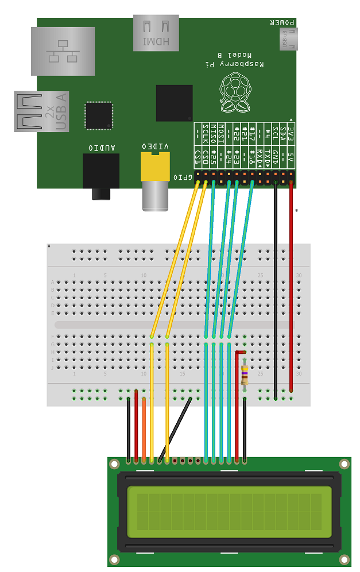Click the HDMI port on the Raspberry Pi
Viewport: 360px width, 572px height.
[156, 33]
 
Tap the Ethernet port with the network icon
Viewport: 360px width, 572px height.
[63, 51]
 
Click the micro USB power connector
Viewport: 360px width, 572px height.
[288, 40]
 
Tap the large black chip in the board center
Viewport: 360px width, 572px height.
[174, 103]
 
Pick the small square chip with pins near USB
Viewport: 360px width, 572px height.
[98, 115]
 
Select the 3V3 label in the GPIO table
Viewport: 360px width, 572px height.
[291, 134]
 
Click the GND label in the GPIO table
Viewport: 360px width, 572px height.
[276, 157]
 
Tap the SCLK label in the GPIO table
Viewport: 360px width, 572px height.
[206, 134]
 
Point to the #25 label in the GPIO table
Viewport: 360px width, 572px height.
[214, 157]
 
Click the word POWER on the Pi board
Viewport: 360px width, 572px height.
[284, 23]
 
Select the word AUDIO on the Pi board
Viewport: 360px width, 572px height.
[102, 148]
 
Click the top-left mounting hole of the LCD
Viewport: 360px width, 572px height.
[115, 463]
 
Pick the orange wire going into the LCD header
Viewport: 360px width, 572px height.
[144, 431]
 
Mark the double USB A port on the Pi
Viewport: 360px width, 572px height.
[43, 111]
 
